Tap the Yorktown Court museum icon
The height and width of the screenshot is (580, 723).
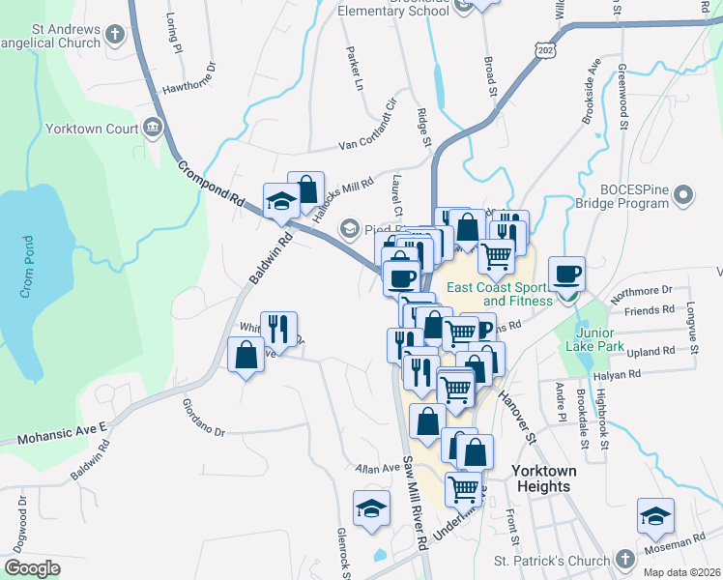pos(153,128)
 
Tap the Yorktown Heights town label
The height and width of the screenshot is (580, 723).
pos(543,478)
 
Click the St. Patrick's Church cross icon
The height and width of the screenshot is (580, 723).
pos(625,561)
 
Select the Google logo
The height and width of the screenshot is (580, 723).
pos(33,568)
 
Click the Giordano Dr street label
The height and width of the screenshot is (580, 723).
pos(203,419)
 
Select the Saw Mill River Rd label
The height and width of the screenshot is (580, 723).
pos(416,503)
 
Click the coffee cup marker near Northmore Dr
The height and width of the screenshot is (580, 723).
pos(566,274)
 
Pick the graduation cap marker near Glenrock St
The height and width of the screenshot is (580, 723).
pos(371,509)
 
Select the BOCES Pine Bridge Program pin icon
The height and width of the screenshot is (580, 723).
pos(684,196)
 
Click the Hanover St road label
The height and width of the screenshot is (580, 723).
pos(517,417)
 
